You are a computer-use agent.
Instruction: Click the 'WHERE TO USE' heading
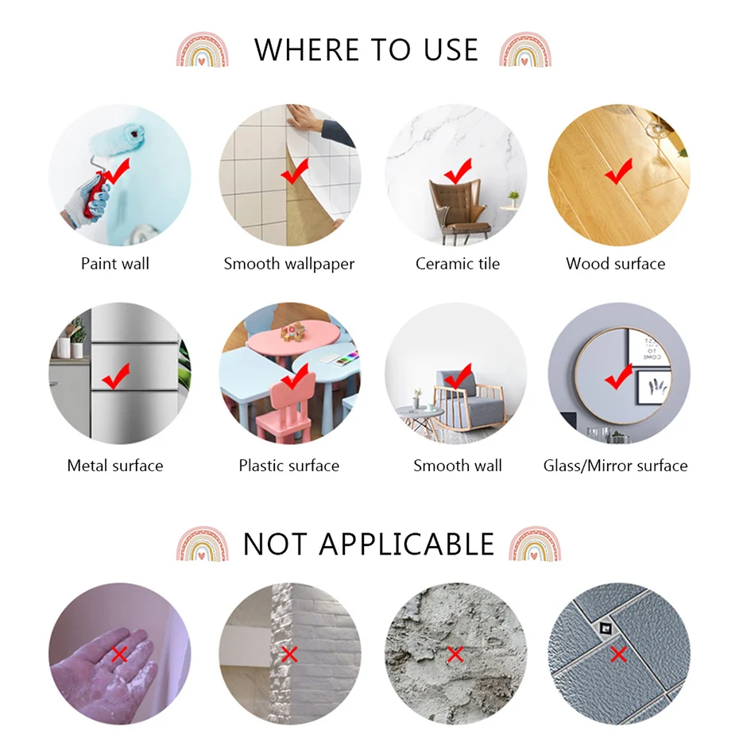click(366, 49)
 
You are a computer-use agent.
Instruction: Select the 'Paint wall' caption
click(115, 264)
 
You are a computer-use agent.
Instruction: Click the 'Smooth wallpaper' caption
click(289, 264)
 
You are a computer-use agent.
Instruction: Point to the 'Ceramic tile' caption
click(457, 264)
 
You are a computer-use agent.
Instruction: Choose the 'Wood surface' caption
click(616, 264)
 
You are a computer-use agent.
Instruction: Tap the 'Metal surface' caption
click(115, 466)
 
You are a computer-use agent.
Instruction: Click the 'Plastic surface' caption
click(289, 466)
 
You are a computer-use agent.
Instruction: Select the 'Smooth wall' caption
click(457, 466)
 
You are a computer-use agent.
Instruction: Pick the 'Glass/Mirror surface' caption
click(616, 466)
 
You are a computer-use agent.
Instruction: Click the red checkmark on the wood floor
click(619, 171)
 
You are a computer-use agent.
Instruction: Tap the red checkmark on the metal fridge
click(116, 376)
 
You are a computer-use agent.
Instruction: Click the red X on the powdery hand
click(119, 654)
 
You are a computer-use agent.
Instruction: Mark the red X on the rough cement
click(455, 654)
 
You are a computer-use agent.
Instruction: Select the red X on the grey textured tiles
click(618, 654)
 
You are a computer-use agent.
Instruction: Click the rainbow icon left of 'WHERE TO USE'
click(202, 49)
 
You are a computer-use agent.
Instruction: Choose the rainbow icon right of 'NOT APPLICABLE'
click(535, 544)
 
